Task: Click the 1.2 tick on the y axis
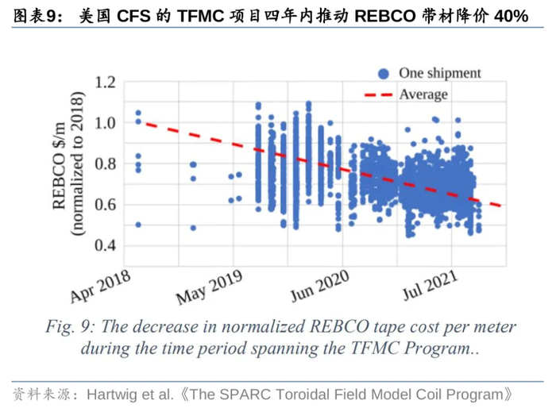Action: pyautogui.click(x=106, y=83)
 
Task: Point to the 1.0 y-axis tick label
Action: pyautogui.click(x=106, y=123)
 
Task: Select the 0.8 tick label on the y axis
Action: pyautogui.click(x=106, y=164)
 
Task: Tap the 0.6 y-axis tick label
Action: pyautogui.click(x=106, y=205)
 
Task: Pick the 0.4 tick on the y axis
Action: pyautogui.click(x=106, y=245)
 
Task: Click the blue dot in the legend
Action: pyautogui.click(x=384, y=74)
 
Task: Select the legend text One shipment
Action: pyautogui.click(x=439, y=73)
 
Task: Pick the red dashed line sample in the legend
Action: pyautogui.click(x=378, y=94)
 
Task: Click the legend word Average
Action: pyautogui.click(x=423, y=94)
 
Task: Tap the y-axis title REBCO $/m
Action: pyautogui.click(x=59, y=164)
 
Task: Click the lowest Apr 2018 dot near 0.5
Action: pyautogui.click(x=138, y=225)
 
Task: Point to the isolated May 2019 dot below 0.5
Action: pyautogui.click(x=193, y=228)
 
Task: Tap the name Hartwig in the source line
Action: pyautogui.click(x=111, y=394)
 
